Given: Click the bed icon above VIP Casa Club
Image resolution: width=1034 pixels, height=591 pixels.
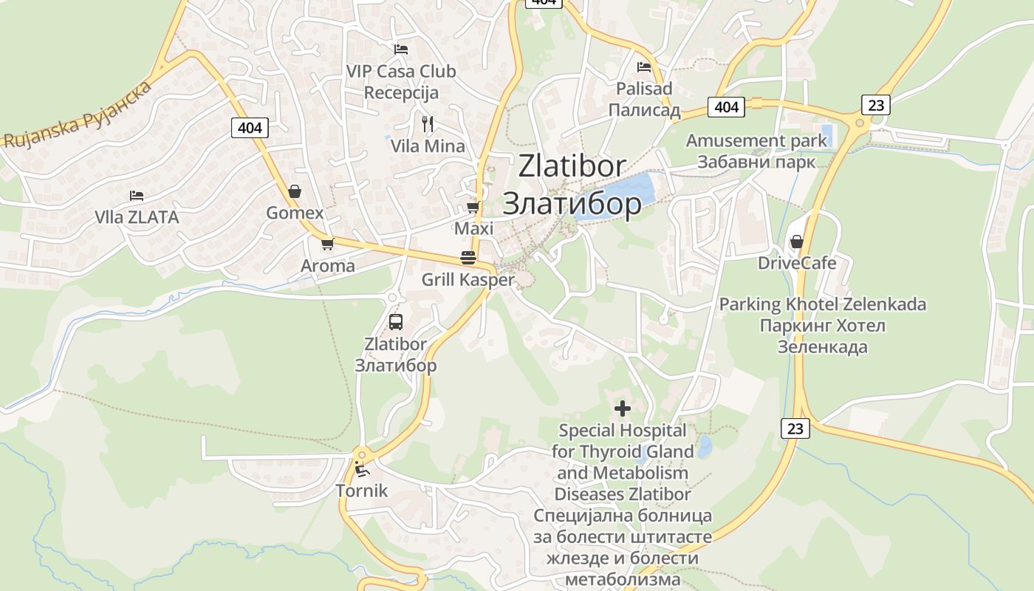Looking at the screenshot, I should pyautogui.click(x=401, y=49).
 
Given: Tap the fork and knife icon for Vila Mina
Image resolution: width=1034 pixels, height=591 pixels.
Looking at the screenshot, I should pyautogui.click(x=428, y=123).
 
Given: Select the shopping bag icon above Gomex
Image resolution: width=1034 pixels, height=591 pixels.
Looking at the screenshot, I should pyautogui.click(x=295, y=192).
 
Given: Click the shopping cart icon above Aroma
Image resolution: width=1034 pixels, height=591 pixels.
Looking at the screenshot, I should pyautogui.click(x=327, y=244).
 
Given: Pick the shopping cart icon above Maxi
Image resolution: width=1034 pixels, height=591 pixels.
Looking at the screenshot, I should pyautogui.click(x=473, y=208).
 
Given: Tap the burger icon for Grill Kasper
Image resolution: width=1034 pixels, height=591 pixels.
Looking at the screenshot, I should pyautogui.click(x=468, y=258).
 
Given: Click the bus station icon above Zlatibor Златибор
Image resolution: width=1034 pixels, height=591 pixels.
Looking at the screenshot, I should pyautogui.click(x=396, y=322).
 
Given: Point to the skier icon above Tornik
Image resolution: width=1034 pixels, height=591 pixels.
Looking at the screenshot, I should pyautogui.click(x=361, y=468).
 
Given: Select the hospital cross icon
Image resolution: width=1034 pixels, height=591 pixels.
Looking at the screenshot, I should pyautogui.click(x=623, y=408).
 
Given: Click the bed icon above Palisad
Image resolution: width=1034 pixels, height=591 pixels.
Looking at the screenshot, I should pyautogui.click(x=644, y=67).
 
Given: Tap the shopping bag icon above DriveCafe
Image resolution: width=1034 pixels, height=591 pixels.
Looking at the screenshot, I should pyautogui.click(x=797, y=242).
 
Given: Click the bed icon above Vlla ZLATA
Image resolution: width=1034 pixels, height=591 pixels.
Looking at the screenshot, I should pyautogui.click(x=137, y=196).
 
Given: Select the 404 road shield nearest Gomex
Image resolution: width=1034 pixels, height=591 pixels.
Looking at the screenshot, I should pyautogui.click(x=250, y=128).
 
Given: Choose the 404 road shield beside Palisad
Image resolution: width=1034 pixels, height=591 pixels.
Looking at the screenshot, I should pyautogui.click(x=726, y=107).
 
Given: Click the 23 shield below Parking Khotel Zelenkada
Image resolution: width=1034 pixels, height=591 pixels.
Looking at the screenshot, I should pyautogui.click(x=795, y=428).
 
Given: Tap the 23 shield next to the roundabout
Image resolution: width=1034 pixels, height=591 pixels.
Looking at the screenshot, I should pyautogui.click(x=875, y=105).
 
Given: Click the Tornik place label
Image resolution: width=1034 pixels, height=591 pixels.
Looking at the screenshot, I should pyautogui.click(x=361, y=491).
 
